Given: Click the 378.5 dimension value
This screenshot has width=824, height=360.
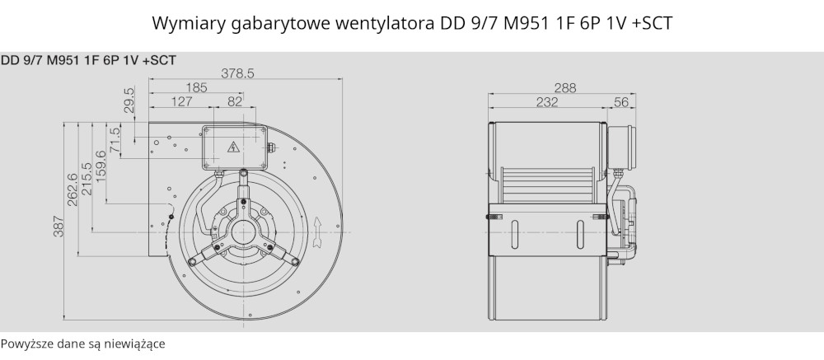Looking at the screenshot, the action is tap(237, 73).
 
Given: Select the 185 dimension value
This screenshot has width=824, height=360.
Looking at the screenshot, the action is tap(197, 87).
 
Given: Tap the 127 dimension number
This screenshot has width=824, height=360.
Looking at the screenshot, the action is tap(182, 101).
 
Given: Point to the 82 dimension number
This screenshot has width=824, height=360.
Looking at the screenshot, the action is tap(235, 101).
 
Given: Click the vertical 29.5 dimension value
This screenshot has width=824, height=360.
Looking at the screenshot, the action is tap(129, 100).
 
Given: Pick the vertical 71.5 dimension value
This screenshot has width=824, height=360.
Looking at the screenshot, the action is tap(115, 138).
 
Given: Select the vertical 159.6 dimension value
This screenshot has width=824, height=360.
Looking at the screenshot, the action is tap(101, 166).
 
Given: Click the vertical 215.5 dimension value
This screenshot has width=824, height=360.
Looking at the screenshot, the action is tap(87, 179).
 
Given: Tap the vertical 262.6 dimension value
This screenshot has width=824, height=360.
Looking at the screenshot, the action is tap(72, 189).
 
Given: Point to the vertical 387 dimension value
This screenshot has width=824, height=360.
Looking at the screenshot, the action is tap(58, 226).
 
